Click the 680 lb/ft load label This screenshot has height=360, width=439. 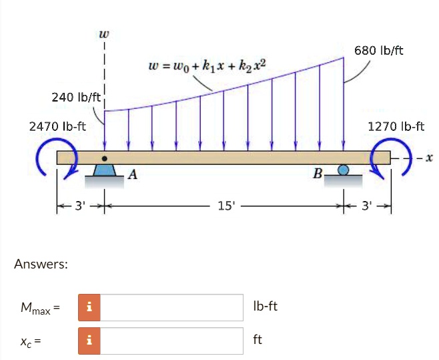coord(379,51)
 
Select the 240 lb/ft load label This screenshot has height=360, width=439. coord(75,98)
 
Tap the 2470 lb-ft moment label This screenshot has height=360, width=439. coord(57,126)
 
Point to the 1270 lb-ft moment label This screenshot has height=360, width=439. coord(396,126)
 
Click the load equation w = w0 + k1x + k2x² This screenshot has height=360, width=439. coord(207,65)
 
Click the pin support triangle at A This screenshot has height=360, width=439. coord(103,170)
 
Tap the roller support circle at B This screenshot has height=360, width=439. coord(344,170)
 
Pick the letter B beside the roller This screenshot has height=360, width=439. coord(318,176)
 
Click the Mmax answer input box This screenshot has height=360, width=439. coord(171,307)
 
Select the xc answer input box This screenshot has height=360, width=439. coord(171,341)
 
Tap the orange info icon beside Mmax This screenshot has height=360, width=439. coord(89,307)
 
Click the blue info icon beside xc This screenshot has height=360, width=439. coord(89,341)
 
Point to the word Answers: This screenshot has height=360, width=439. coord(41,264)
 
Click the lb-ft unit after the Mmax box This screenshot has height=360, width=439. coord(265,307)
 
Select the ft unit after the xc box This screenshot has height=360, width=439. coord(258,340)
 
